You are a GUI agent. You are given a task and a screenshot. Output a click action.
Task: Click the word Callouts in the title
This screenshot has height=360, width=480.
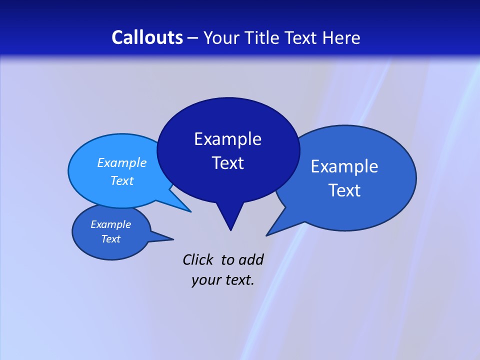147,37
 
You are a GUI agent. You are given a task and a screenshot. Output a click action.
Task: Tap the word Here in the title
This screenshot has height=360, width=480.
341,37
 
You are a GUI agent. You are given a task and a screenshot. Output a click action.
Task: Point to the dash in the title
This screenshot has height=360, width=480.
193,38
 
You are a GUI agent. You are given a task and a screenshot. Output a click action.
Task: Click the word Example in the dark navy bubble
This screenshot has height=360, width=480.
227,139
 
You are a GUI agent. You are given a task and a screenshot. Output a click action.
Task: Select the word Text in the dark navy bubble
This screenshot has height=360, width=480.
227,163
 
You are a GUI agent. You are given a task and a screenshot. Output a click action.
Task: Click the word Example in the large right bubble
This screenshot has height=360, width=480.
344,166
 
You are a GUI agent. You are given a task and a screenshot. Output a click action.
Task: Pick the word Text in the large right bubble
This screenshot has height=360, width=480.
344,190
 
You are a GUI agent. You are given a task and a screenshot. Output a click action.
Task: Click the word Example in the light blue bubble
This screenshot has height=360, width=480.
122,162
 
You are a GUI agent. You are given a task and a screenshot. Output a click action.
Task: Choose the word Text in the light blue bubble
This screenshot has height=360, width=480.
122,180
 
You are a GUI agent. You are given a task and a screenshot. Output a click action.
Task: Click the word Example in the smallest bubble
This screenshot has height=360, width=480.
111,224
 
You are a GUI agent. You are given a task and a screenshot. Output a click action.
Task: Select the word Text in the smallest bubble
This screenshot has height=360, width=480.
111,239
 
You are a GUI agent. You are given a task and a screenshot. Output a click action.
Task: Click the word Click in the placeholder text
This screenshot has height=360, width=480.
198,259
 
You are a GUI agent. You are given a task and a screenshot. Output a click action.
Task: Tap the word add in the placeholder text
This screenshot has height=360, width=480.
250,259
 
